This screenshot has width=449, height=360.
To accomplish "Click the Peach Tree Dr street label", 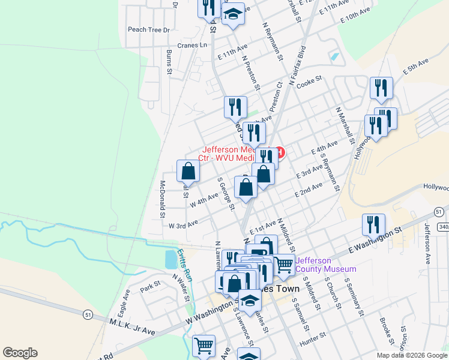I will coord(149,29).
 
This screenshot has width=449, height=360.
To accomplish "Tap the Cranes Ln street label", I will coord(191,45).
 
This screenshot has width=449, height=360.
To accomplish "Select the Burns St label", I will coord(169,63).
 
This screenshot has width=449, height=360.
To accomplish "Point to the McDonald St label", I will coord(163,198).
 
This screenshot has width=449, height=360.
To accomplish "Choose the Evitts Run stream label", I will coord(184,264).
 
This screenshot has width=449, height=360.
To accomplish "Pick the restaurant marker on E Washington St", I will coord(373,224).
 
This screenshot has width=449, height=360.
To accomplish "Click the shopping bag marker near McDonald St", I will coord(188,171).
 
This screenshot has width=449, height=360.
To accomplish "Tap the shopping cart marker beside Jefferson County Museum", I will coord(284,263).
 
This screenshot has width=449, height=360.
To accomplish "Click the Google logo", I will coord(20,353).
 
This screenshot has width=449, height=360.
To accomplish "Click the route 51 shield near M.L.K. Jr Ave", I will coord(88,313).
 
